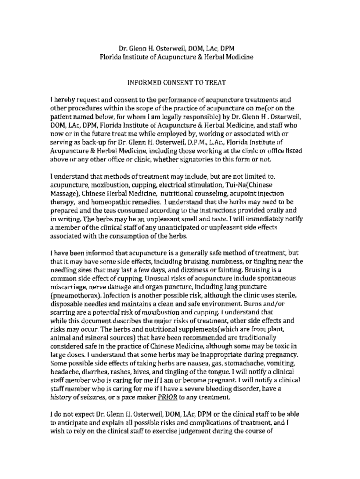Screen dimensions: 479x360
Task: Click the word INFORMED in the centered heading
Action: tap(144, 83)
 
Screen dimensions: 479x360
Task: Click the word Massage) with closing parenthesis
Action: tap(65, 193)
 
